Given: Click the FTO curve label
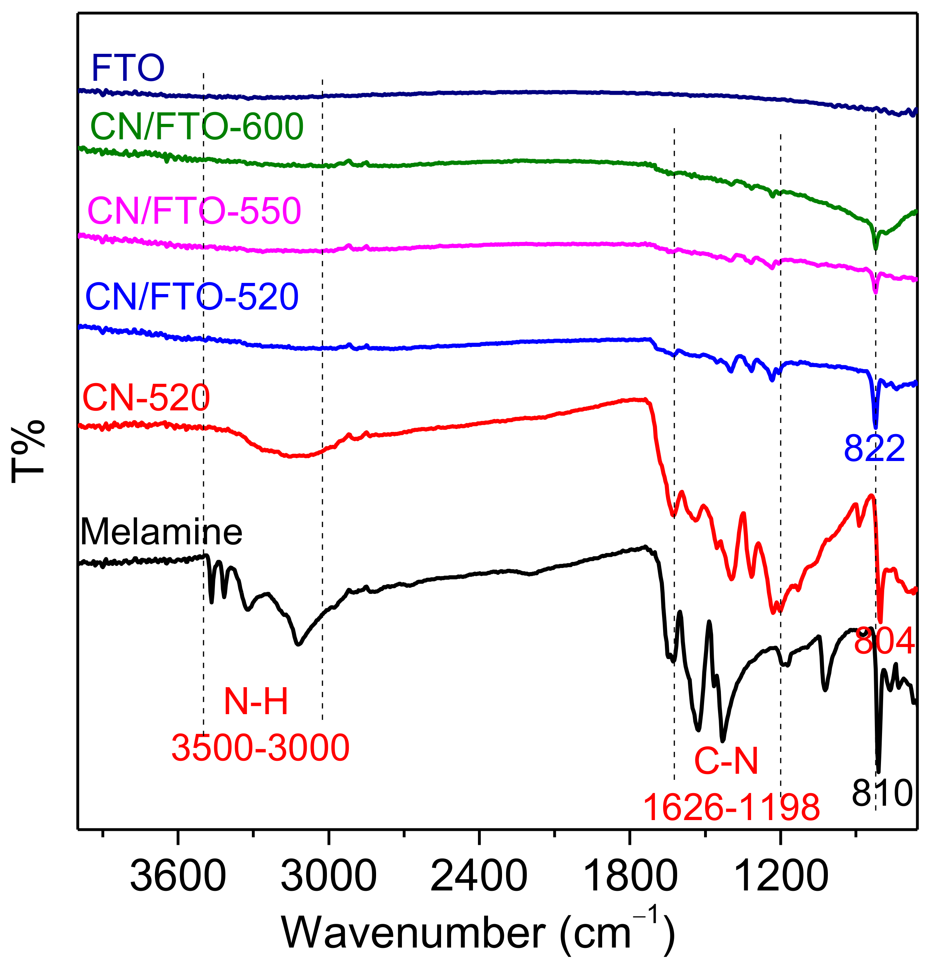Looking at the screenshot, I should point(128,68).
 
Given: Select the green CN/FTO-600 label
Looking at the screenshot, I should point(197,127).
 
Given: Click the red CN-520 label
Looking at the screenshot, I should point(146,398).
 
